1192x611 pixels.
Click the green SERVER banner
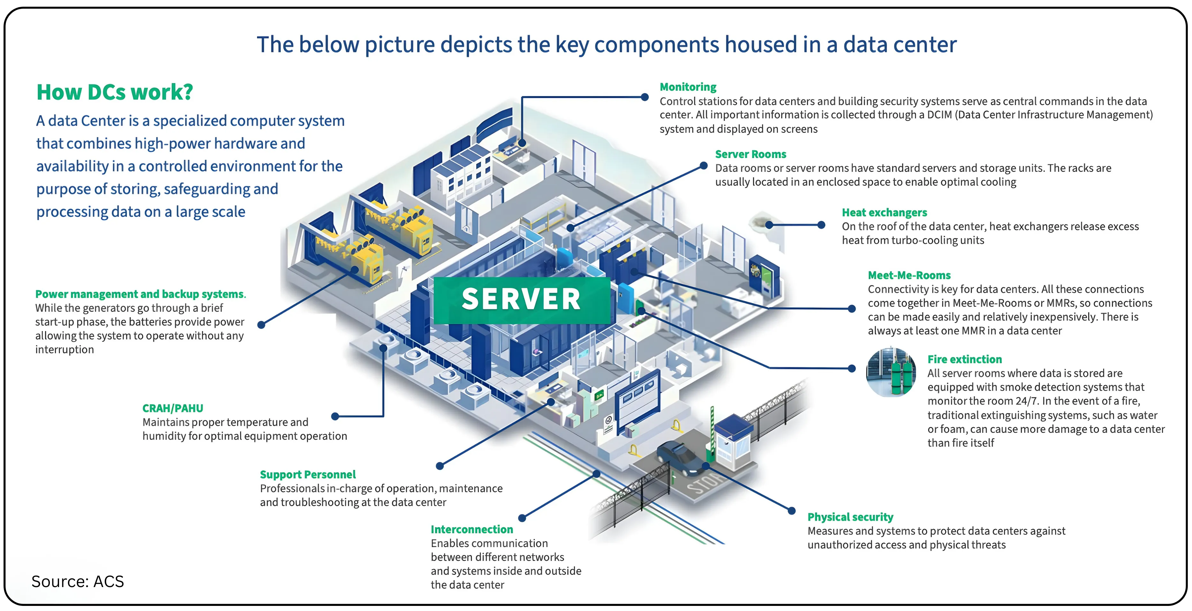(522, 299)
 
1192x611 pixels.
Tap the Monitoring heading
(688, 87)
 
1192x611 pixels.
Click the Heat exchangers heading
(884, 212)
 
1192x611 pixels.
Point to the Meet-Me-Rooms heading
(909, 275)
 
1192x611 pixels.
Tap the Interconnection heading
(471, 529)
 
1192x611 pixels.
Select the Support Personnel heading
(308, 475)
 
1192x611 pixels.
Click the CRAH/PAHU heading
(172, 408)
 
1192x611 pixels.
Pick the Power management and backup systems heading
(140, 294)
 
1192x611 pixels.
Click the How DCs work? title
(114, 92)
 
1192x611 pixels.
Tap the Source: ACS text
(78, 581)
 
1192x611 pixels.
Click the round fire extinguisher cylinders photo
(891, 372)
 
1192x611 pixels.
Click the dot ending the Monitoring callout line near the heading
(645, 97)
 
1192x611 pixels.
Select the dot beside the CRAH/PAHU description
(335, 416)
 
